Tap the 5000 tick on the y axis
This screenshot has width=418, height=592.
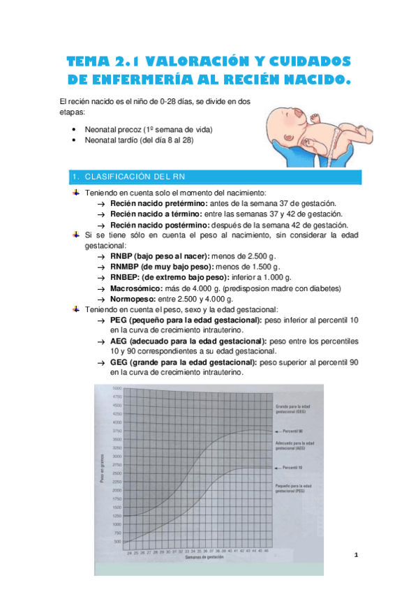pyautogui.click(x=117, y=388)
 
